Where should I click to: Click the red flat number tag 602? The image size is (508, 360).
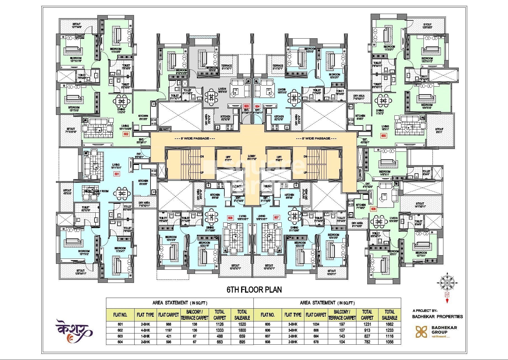click(126, 134)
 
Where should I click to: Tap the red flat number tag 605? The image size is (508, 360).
click(384, 136)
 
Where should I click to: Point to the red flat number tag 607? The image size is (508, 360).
click(276, 217)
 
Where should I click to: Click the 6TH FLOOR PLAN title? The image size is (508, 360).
click(254, 290)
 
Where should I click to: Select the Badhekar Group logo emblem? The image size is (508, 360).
click(421, 332)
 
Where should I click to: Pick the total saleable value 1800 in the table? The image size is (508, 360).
click(242, 330)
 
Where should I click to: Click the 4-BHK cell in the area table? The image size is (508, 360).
click(145, 330)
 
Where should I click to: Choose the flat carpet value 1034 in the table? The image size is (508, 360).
click(316, 325)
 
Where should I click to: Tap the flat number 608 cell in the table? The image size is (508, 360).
click(268, 342)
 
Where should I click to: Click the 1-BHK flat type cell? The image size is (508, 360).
click(145, 336)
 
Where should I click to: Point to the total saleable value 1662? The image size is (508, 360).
click(389, 325)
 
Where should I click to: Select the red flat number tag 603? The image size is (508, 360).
click(246, 106)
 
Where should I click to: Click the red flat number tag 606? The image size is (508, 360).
click(373, 209)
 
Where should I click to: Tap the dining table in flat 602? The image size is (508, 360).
click(121, 101)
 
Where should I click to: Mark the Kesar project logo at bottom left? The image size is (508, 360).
click(74, 331)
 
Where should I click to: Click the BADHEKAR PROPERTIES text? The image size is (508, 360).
click(438, 317)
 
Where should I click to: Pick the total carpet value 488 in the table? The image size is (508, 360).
click(220, 336)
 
